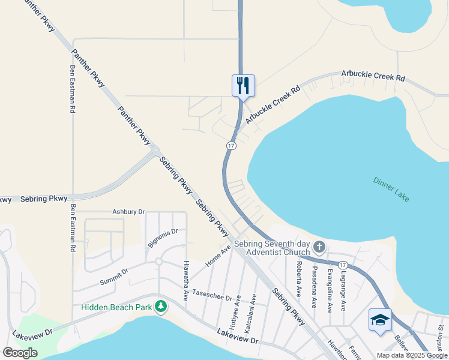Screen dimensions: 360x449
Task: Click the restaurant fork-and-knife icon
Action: [x=243, y=85]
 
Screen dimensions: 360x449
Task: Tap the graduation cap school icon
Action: [x=380, y=319]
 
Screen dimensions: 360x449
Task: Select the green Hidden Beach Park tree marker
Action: [x=160, y=307]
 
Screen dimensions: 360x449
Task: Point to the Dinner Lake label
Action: [x=391, y=188]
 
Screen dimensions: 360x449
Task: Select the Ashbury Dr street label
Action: [x=129, y=212]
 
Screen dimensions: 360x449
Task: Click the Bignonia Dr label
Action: [x=162, y=238]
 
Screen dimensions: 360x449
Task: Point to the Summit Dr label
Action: [x=114, y=275]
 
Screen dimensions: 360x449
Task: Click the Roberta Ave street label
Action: [x=298, y=278]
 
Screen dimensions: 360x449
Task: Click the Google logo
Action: [x=20, y=353]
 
